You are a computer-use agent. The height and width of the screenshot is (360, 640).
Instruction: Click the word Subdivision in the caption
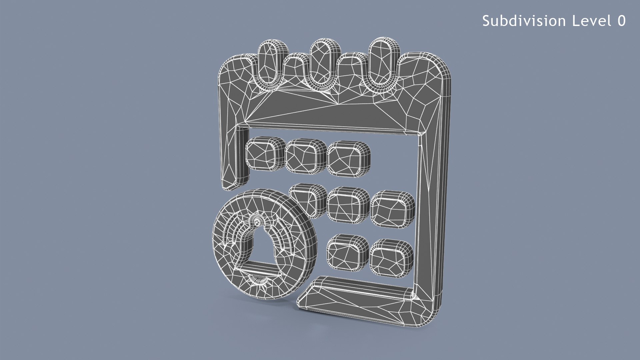524,21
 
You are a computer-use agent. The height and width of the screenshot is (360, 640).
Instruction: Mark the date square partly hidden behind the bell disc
308,200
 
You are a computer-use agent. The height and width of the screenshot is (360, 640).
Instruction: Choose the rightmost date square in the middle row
392,209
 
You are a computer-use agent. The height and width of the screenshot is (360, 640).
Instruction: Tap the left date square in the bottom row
347,252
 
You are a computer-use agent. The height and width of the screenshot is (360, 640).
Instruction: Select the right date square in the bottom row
391,258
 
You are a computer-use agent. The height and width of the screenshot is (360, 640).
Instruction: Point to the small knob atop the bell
257,221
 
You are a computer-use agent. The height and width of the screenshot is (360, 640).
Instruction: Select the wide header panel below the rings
333,112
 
